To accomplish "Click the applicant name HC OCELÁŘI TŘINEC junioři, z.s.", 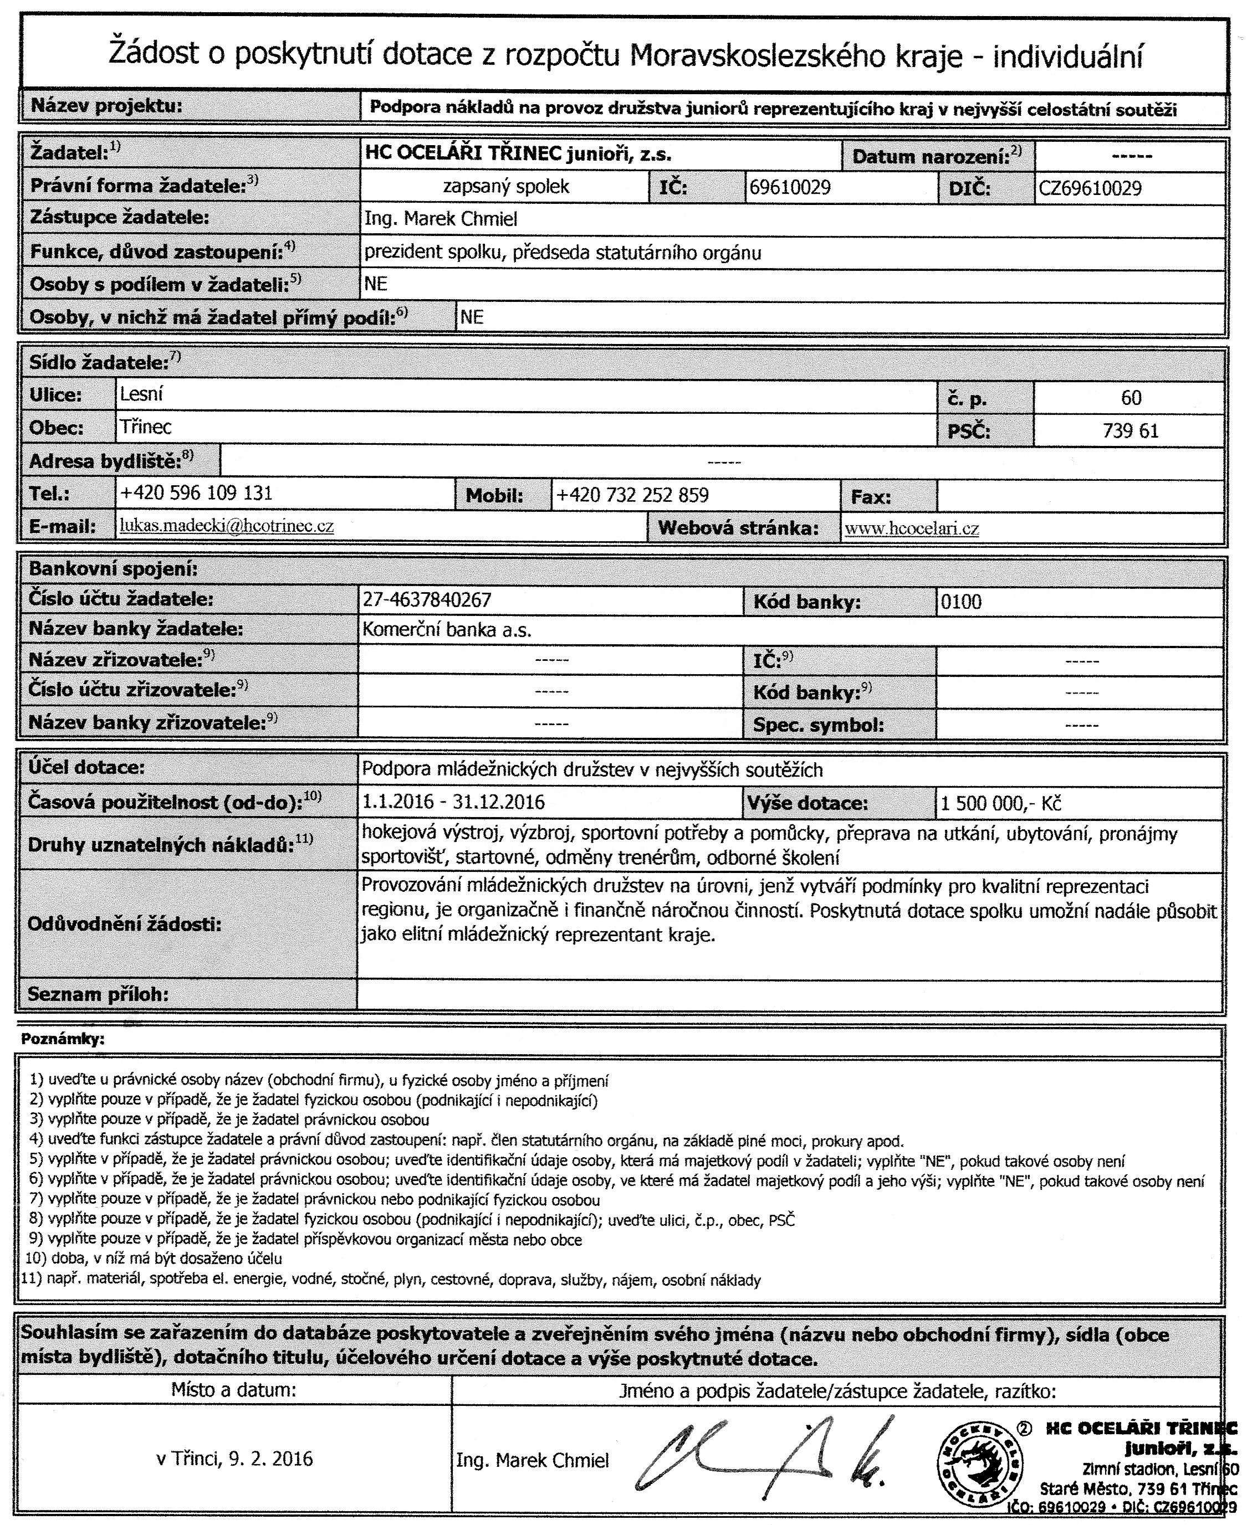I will pos(518,153).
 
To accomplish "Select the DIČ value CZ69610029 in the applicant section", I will pos(1090,188).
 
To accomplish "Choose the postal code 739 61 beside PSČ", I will pos(1130,431).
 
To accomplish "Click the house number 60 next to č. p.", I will pos(1131,398).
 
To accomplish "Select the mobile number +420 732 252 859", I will pos(632,495).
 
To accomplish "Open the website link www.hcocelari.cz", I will pos(912,529).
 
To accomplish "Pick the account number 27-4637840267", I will pos(427,600).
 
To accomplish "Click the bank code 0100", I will pos(961,602).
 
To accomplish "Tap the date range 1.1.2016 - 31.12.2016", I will pos(453,802).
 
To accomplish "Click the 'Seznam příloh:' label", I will pos(98,994).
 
